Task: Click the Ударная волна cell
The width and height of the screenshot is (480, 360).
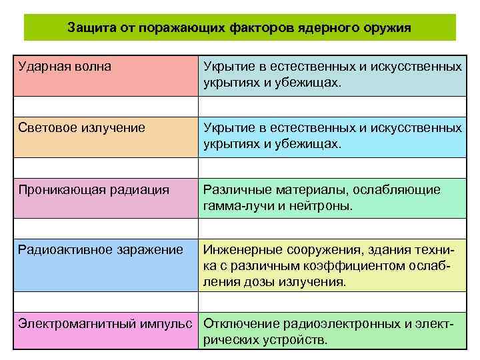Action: [65, 67]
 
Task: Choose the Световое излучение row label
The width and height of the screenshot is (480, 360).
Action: [81, 127]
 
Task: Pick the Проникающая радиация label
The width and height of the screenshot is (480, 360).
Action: [93, 190]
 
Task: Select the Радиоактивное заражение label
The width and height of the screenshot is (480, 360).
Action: [100, 250]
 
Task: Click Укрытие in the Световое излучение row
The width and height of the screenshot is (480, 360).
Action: [227, 127]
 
